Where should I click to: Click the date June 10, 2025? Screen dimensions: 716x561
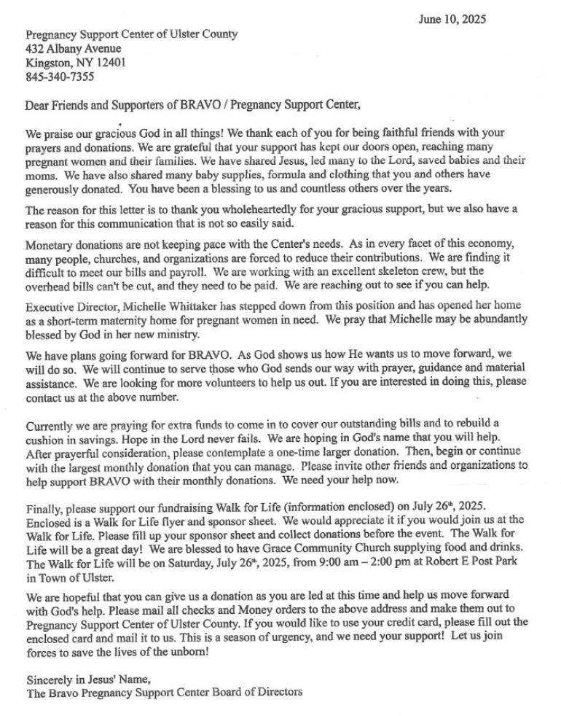coord(452,19)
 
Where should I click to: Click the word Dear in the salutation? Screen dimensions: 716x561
coord(39,104)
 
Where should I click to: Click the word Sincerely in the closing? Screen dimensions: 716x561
coord(49,680)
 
